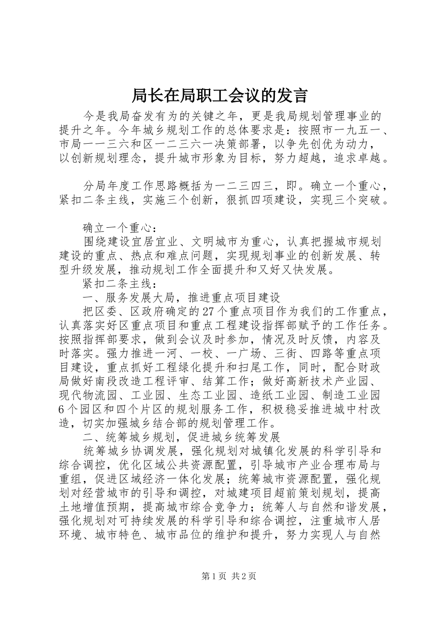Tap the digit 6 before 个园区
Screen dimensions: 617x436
pos(62,409)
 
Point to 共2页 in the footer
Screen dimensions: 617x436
pos(244,576)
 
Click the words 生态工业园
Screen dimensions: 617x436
pos(207,395)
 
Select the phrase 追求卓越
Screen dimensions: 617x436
pos(363,158)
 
